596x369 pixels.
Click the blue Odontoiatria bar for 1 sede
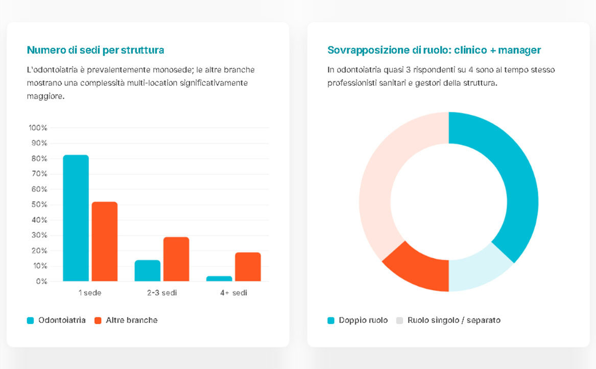tap(76, 218)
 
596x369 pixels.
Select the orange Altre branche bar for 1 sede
tap(105, 241)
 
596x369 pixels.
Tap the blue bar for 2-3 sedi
tap(147, 270)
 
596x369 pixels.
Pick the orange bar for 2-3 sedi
tap(176, 259)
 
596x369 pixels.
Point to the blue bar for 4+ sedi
tap(219, 279)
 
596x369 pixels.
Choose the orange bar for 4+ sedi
tap(248, 266)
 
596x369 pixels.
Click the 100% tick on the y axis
tap(38, 127)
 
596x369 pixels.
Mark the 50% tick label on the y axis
tap(38, 204)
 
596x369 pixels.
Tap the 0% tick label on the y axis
tap(40, 281)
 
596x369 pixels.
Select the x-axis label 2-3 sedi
tap(161, 293)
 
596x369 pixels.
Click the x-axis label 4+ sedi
tap(233, 293)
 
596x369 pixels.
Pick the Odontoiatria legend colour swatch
tap(30, 320)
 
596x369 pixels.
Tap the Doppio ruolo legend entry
tap(363, 320)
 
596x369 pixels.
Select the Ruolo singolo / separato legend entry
tap(454, 320)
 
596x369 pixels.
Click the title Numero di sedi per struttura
tap(96, 50)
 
